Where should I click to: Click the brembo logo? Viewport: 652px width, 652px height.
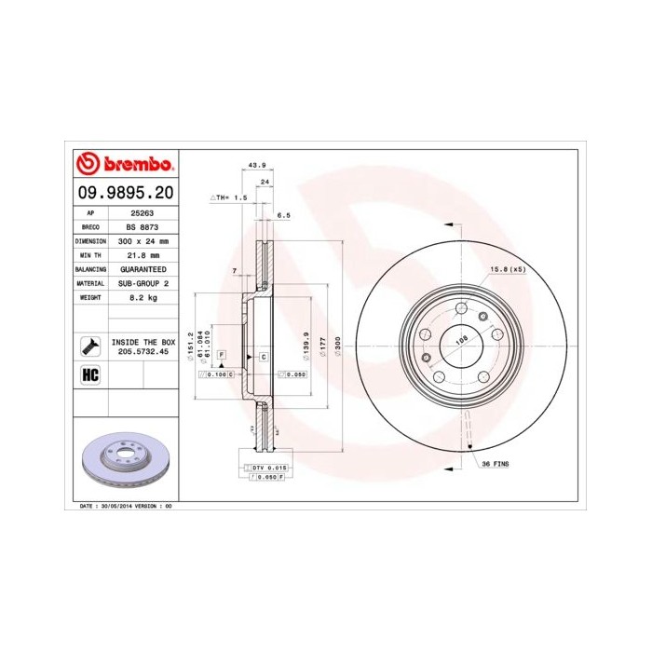124,165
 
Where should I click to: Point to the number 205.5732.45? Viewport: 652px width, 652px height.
143,352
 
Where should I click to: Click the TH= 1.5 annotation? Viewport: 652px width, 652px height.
228,197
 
